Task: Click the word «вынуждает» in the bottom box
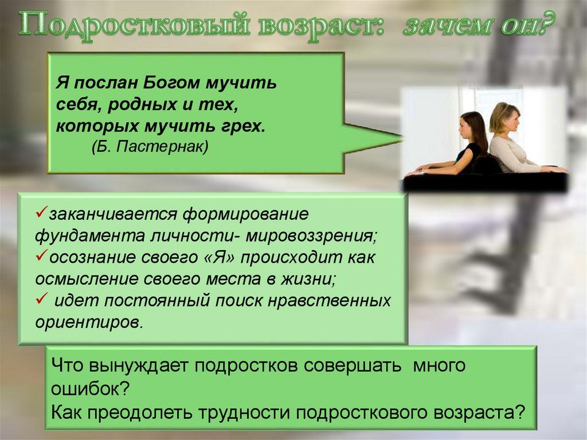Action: tap(132, 365)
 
